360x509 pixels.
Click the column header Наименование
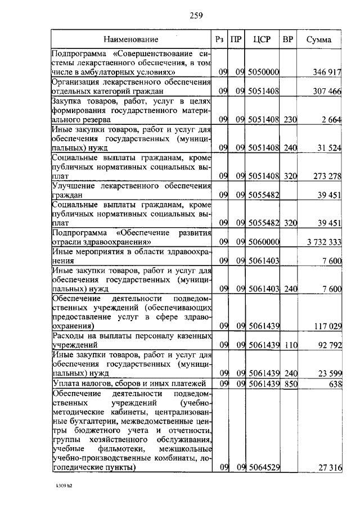(130, 39)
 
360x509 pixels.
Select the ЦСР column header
(263, 39)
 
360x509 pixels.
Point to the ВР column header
(288, 39)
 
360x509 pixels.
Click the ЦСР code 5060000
(264, 242)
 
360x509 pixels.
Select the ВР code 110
(290, 345)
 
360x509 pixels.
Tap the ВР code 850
(290, 384)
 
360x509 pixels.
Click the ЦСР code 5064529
(264, 468)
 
